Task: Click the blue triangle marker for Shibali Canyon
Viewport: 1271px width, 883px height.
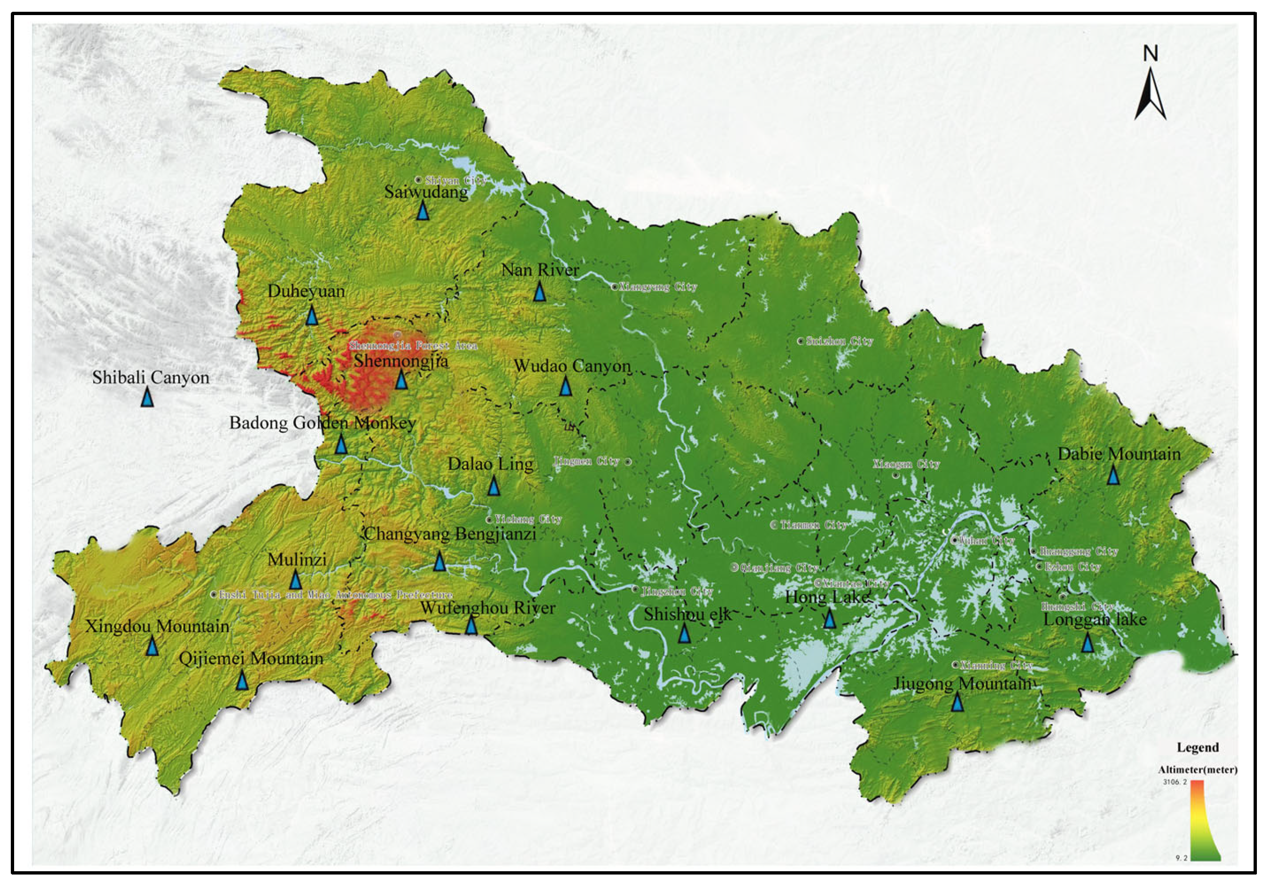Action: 147,397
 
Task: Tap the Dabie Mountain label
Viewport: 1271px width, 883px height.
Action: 1119,454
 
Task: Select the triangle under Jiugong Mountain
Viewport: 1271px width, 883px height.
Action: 958,702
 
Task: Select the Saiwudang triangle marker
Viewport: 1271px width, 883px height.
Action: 423,211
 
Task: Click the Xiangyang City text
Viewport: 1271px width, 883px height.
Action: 657,287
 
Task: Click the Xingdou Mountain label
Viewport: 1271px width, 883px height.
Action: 157,626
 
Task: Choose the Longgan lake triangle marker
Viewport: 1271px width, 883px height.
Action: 1087,642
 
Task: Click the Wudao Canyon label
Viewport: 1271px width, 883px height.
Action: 572,366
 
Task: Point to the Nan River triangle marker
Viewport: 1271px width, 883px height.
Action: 540,292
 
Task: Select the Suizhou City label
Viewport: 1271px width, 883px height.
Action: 839,341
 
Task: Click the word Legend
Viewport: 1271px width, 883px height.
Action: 1198,747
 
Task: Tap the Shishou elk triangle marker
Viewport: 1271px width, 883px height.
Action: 684,633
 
